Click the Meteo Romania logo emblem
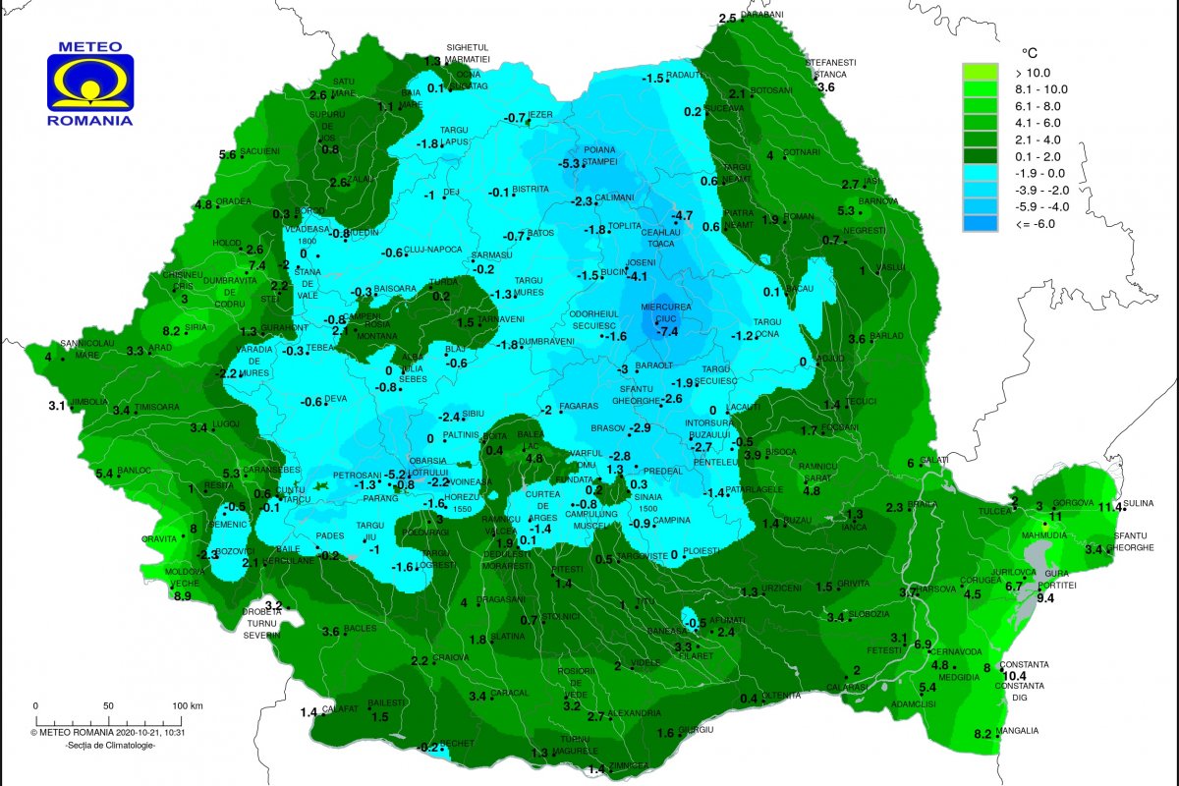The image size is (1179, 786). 90,84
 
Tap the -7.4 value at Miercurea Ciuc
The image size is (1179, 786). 668,332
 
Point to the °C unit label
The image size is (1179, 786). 1031,52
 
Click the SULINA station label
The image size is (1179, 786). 1139,503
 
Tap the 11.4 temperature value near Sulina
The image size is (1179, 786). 1110,507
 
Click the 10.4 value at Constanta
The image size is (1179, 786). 1013,676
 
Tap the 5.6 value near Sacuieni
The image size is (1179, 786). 228,154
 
